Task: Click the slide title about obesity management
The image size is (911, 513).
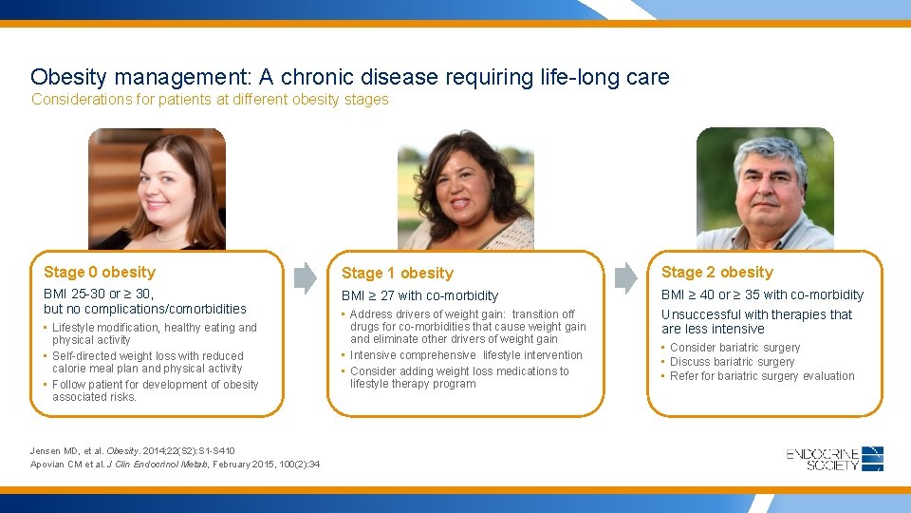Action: [349, 77]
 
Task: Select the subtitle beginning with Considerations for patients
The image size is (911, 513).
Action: [210, 100]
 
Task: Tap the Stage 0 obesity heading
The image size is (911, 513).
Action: [100, 273]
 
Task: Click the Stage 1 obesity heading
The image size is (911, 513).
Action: [398, 274]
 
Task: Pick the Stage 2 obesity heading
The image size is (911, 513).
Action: [717, 273]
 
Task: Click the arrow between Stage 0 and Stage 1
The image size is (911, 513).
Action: [305, 277]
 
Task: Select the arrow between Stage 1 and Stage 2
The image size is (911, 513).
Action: [625, 277]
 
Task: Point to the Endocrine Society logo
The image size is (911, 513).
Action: [834, 459]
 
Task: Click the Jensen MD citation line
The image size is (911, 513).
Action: [133, 450]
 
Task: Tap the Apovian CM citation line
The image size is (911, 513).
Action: [175, 464]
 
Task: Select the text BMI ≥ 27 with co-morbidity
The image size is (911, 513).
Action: [419, 296]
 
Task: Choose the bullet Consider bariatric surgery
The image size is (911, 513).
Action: [734, 348]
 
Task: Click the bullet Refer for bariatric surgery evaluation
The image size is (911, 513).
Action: [761, 376]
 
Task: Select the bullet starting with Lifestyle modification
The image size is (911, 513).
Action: [154, 333]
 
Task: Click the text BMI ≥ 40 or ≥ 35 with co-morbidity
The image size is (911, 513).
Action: [762, 295]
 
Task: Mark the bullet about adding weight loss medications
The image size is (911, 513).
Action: [459, 377]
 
